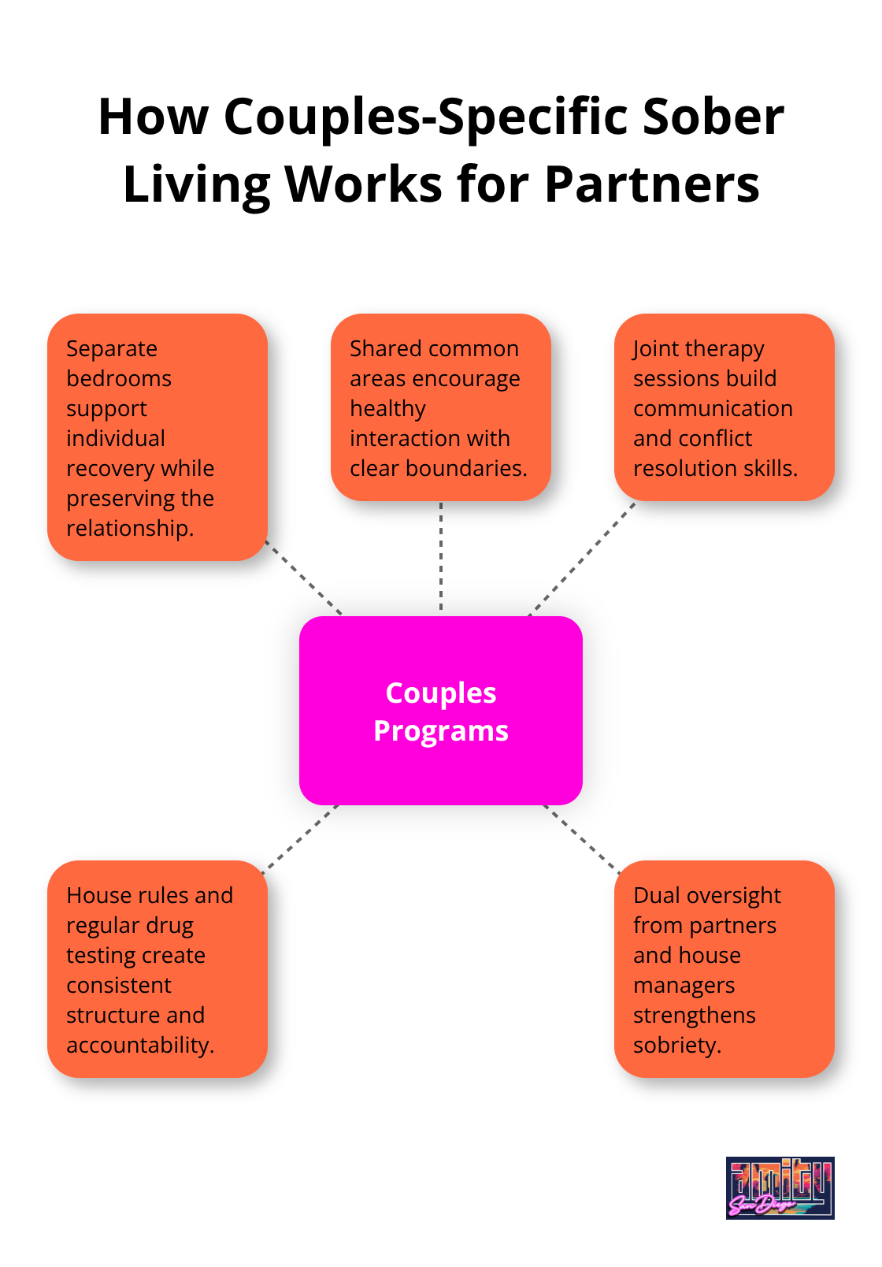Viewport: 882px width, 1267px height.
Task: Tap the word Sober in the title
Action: [713, 117]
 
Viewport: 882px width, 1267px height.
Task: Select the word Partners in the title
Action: [652, 184]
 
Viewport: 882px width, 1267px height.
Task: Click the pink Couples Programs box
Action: [441, 711]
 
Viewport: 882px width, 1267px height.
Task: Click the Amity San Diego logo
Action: [780, 1187]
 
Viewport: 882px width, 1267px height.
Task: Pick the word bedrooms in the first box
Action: [119, 379]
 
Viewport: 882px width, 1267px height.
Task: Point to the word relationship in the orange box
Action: [130, 529]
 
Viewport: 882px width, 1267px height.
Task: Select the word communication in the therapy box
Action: [713, 409]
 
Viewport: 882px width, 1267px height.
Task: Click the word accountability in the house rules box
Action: [140, 1046]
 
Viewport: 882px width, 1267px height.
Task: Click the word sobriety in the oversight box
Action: [677, 1046]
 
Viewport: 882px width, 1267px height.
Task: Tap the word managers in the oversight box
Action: [684, 986]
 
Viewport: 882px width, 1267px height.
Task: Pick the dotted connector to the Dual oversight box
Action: [581, 838]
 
